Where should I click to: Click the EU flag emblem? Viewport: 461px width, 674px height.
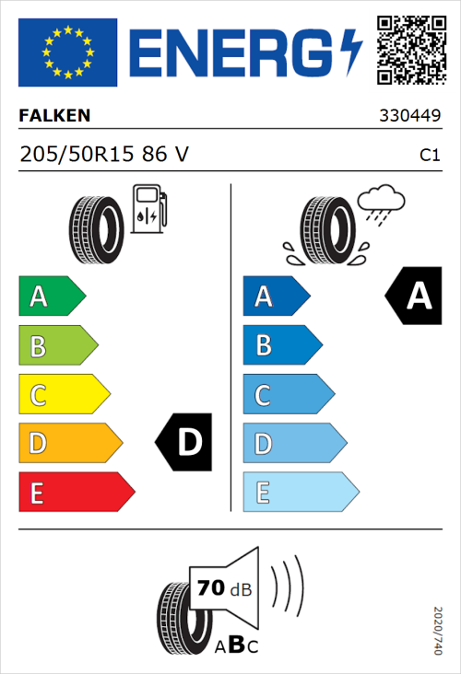[67, 52]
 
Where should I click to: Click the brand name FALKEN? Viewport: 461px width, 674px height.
[54, 116]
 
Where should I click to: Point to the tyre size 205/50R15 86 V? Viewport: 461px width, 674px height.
[103, 155]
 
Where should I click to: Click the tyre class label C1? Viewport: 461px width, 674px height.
[429, 156]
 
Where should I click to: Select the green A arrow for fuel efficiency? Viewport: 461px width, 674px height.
[51, 296]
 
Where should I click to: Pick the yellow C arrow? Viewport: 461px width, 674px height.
[63, 395]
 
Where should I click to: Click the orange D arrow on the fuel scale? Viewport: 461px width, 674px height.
[69, 444]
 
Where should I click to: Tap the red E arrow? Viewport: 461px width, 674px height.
[76, 493]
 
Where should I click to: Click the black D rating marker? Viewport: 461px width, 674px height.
[185, 443]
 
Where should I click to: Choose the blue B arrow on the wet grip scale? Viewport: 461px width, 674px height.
[280, 346]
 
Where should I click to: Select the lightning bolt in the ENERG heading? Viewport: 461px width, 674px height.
[350, 51]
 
